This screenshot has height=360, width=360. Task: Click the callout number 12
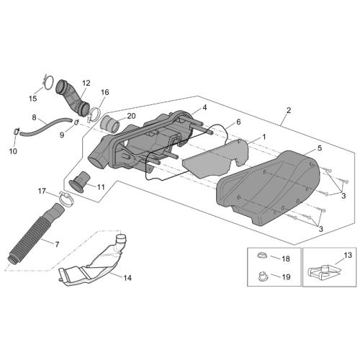coord(86,84)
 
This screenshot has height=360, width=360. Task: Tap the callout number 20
coord(131,116)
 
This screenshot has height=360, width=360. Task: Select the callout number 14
coord(127,278)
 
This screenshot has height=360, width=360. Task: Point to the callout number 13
coord(348,255)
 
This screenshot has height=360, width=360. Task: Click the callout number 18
coord(286,258)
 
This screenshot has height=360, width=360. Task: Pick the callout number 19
coord(287,277)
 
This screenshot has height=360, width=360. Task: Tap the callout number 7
coord(57,245)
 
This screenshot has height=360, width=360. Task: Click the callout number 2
coord(289,110)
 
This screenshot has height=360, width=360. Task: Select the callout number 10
coord(13,151)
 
